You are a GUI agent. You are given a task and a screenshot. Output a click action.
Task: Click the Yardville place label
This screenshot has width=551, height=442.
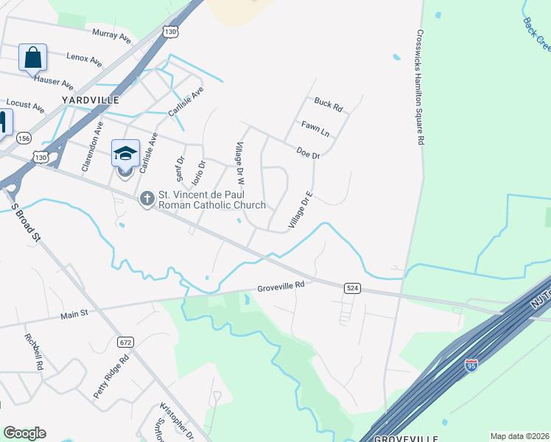click(90, 99)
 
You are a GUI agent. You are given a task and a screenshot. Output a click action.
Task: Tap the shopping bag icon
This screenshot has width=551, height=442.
click(33, 57)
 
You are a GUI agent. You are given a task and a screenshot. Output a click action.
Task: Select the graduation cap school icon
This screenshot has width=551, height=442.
click(125, 153)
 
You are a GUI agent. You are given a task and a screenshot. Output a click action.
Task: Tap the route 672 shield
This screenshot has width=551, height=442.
click(125, 342)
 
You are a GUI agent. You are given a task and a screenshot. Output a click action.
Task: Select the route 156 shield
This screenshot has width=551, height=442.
click(24, 138)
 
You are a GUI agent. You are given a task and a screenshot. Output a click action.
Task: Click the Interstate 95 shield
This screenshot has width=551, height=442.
click(471, 365)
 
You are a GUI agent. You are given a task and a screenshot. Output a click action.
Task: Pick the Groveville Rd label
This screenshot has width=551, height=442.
click(281, 286)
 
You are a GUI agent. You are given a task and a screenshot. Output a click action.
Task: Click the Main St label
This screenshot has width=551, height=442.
click(74, 313)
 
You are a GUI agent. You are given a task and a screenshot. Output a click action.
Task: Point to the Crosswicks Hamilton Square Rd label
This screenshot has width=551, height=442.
click(419, 87)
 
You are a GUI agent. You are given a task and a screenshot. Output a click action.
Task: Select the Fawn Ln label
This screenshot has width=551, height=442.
click(315, 130)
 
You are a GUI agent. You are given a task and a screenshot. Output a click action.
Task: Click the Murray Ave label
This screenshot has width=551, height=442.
click(111, 34)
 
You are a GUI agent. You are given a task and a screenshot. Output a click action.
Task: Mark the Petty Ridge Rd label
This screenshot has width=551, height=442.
click(111, 376)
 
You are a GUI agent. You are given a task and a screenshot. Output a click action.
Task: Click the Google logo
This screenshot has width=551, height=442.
click(24, 433)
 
